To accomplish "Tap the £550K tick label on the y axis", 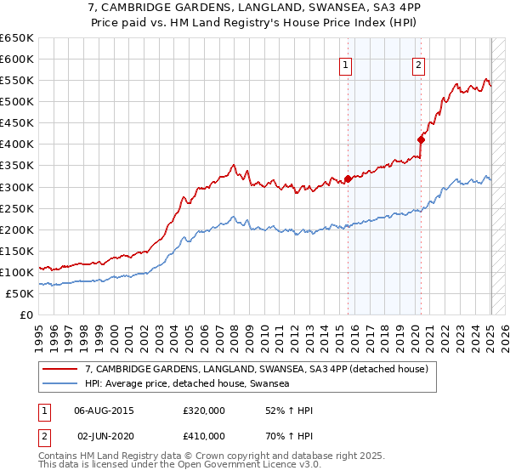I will pos(16,80).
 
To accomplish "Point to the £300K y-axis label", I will pos(16,187).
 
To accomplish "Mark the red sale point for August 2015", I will pos(348,178).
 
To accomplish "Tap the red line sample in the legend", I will pos(61,368).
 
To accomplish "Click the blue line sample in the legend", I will pos(61,383).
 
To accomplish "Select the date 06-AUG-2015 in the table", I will pos(105,411).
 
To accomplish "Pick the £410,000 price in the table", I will pos(202,436).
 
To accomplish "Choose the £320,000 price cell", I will pos(202,411).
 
